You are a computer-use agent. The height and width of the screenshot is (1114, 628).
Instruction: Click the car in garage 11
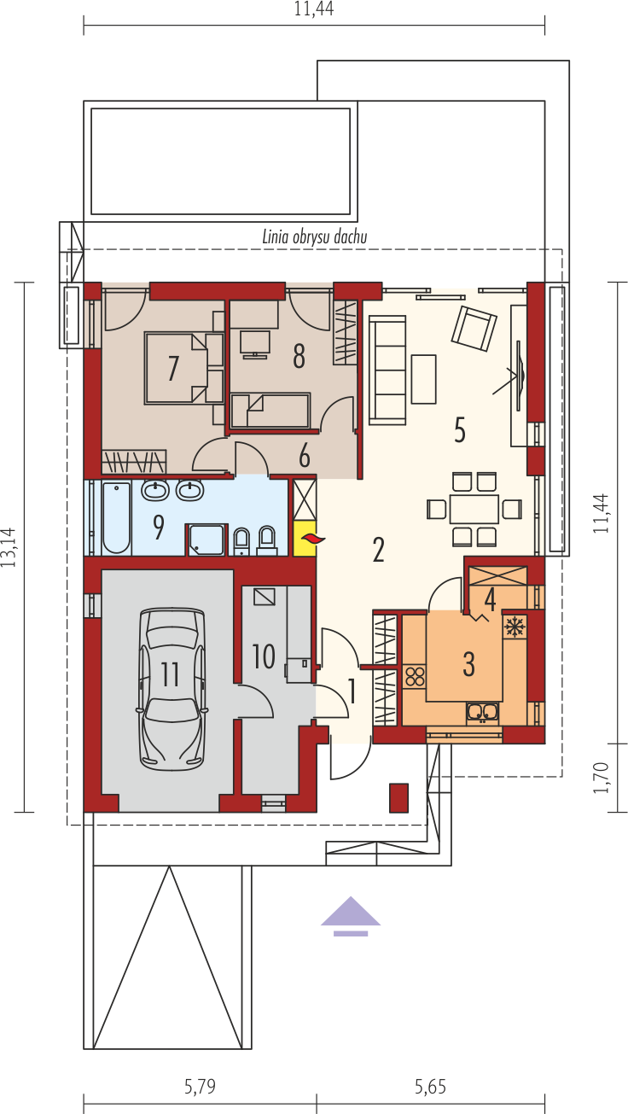[x=172, y=689]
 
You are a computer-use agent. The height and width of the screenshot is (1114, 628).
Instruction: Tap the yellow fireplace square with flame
[x=305, y=539]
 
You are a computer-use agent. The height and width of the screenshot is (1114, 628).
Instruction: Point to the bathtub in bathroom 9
[x=116, y=517]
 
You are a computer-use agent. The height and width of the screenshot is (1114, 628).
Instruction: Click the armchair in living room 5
[x=474, y=329]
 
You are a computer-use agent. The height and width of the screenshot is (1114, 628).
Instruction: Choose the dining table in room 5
[x=474, y=509]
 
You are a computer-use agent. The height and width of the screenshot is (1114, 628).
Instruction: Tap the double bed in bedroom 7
[x=183, y=368]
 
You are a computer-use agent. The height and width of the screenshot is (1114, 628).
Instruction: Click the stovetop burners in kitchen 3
[x=415, y=676]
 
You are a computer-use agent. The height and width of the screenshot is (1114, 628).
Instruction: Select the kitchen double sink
[x=482, y=713]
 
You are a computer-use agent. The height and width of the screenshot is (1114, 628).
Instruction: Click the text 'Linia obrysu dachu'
[x=315, y=237]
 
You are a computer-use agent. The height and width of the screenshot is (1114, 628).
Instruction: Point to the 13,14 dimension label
[x=9, y=547]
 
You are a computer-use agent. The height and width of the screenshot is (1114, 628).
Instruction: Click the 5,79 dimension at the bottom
[x=200, y=1087]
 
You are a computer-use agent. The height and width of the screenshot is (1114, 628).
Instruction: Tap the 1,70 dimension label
[x=601, y=778]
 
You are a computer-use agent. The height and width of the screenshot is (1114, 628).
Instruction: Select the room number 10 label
[x=264, y=656]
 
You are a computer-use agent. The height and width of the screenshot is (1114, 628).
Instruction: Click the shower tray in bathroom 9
[x=206, y=540]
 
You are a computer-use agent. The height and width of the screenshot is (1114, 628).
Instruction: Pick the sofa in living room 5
[x=387, y=370]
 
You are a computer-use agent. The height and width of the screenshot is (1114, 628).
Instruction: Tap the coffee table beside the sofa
[x=423, y=379]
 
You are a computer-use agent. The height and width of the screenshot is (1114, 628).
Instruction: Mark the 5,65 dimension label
[x=431, y=1087]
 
